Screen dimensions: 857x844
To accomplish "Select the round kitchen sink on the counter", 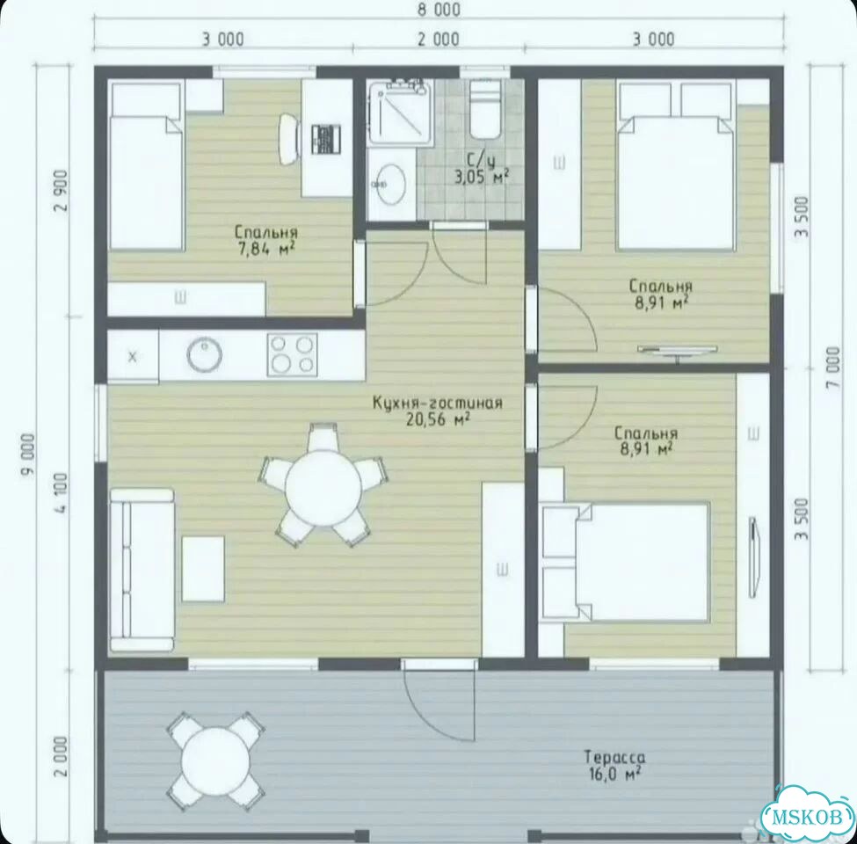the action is pyautogui.click(x=205, y=354).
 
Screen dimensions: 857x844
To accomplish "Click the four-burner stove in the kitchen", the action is pyautogui.click(x=292, y=354).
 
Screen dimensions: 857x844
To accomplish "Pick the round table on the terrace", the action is pyautogui.click(x=215, y=760).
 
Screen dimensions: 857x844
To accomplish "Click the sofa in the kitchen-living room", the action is pyautogui.click(x=142, y=569).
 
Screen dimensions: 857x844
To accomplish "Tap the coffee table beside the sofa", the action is pyautogui.click(x=203, y=569).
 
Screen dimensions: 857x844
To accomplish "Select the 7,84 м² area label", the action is pyautogui.click(x=266, y=250).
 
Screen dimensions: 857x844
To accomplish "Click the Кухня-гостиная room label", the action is pyautogui.click(x=437, y=404).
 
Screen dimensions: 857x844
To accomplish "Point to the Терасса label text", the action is pyautogui.click(x=614, y=758).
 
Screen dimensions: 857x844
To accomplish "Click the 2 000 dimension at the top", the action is pyautogui.click(x=439, y=40).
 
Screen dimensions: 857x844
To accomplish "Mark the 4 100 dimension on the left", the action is pyautogui.click(x=61, y=492).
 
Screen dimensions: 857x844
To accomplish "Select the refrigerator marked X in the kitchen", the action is pyautogui.click(x=133, y=357).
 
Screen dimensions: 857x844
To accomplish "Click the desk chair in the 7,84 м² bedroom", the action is pyautogui.click(x=289, y=138).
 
